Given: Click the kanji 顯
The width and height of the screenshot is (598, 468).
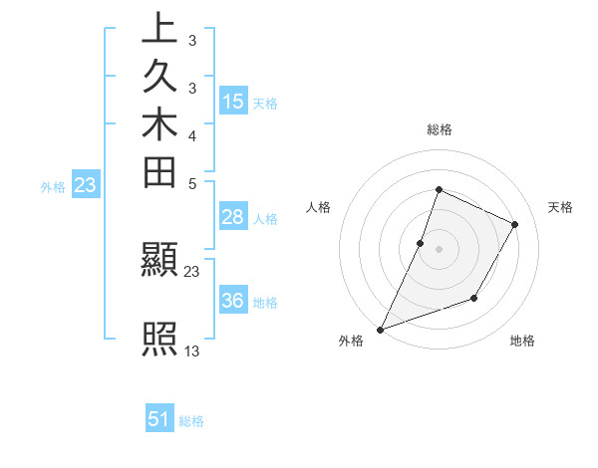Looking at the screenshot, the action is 159,261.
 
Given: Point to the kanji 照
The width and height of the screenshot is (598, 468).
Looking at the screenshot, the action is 159,340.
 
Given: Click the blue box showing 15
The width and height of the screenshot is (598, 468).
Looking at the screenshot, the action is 233,101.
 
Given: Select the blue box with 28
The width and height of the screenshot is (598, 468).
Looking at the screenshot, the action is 233,217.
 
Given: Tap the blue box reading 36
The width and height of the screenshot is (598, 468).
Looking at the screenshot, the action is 233,301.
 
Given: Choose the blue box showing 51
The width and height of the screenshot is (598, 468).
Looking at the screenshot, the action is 159,419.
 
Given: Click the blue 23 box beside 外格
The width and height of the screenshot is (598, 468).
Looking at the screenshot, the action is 86,184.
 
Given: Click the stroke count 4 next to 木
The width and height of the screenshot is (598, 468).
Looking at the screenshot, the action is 191,134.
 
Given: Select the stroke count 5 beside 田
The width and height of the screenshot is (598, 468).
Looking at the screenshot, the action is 191,182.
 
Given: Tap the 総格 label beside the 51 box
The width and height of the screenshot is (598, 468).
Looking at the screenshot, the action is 191,421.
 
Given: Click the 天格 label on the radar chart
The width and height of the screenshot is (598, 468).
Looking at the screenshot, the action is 560,207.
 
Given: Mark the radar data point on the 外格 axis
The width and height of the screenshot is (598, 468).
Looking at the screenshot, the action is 381,329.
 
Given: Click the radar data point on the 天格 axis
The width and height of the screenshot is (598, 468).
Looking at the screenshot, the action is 515,224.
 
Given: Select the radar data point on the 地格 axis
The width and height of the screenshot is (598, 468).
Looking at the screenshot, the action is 474,298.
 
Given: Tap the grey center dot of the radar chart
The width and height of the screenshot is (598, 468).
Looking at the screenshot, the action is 439,249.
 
